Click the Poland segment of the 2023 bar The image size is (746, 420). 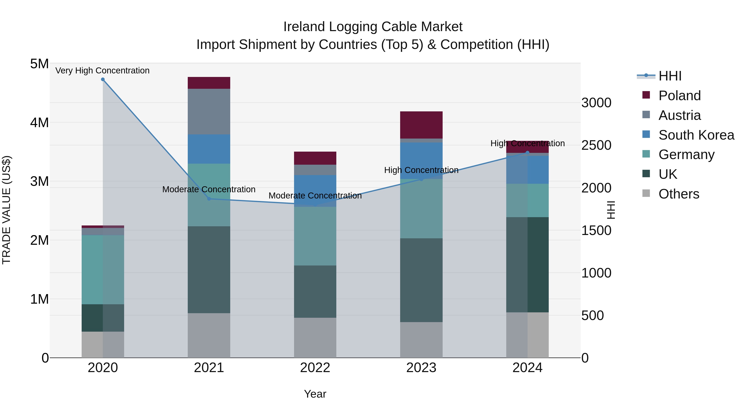point(421,125)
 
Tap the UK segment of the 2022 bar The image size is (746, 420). point(315,291)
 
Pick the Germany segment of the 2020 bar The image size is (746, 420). point(103,270)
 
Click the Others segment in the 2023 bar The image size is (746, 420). point(421,340)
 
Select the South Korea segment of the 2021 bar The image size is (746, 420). point(209,149)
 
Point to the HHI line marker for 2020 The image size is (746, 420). point(103,79)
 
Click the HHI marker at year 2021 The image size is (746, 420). point(209,199)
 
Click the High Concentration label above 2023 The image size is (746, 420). point(421,170)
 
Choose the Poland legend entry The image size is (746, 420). point(679,96)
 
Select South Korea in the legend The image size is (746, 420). point(696,135)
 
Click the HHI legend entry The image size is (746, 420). point(670,76)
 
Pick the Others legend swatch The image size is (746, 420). point(646,193)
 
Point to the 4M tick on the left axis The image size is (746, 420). point(39,122)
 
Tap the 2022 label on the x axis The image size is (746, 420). point(315,368)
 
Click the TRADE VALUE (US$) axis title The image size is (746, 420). point(7,210)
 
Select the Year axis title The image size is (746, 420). point(315,394)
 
